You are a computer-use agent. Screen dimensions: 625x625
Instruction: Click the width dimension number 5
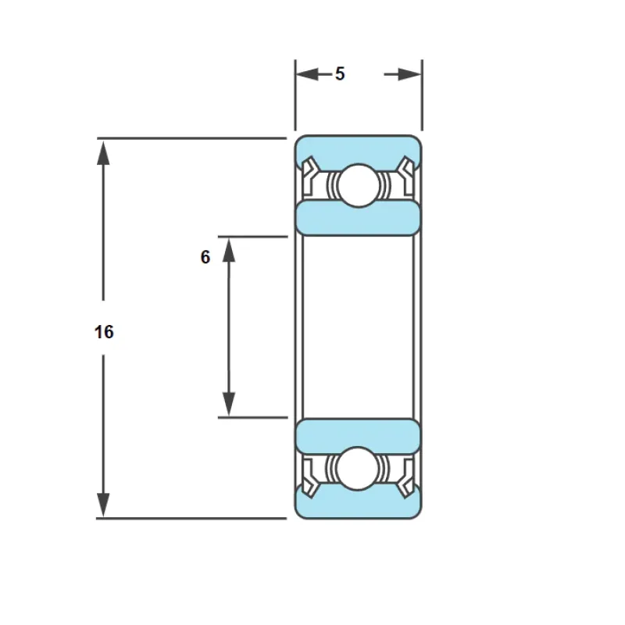(x=340, y=73)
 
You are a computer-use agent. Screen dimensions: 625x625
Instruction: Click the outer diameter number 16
(x=104, y=331)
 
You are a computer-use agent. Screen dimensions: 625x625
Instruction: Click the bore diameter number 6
(x=205, y=257)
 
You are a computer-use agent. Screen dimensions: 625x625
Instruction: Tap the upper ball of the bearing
(x=359, y=185)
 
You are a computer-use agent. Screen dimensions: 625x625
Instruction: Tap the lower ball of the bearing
(x=358, y=468)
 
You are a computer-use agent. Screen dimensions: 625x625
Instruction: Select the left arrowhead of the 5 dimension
(x=308, y=74)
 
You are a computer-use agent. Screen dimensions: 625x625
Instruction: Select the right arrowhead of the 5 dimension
(x=409, y=74)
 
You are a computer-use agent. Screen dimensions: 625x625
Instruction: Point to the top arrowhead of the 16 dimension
(x=103, y=152)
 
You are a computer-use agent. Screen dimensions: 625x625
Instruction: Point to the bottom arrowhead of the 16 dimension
(x=103, y=505)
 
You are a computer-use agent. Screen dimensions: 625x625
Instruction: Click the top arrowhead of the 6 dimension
(x=229, y=250)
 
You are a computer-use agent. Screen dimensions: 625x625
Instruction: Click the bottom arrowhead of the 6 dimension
(x=229, y=404)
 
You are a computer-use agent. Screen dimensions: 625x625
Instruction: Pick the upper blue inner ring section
(x=358, y=219)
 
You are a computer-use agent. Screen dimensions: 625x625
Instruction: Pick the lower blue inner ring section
(x=358, y=436)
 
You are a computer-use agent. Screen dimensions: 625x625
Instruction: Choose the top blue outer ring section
(x=358, y=152)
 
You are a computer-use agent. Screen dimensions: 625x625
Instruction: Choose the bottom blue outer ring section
(x=358, y=503)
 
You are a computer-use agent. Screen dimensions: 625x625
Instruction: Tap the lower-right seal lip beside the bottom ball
(x=406, y=477)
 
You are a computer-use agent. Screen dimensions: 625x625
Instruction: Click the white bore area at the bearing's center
(x=358, y=327)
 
